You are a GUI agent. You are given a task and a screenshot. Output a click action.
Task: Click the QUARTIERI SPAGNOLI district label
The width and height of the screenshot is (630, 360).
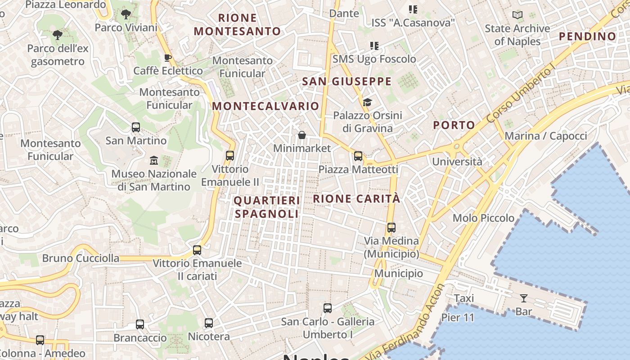[x=267, y=207]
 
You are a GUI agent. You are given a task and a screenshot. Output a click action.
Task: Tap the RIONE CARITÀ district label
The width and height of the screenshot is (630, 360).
[x=356, y=198]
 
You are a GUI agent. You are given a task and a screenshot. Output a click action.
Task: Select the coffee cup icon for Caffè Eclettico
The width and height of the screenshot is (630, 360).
[x=168, y=58]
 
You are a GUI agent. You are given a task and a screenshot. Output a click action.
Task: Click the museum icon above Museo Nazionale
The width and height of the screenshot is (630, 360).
[x=154, y=160]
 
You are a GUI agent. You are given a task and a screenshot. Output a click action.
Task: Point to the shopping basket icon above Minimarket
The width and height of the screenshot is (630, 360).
[x=302, y=135]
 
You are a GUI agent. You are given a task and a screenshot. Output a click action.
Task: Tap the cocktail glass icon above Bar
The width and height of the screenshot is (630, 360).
[x=523, y=298]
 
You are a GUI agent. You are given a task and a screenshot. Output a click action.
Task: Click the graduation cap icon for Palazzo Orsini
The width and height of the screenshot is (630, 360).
[x=368, y=102]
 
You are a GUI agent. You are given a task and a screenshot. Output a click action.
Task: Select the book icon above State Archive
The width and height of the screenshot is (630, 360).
[x=517, y=15]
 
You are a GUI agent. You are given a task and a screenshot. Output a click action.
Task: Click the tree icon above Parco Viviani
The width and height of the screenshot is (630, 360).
[x=126, y=14]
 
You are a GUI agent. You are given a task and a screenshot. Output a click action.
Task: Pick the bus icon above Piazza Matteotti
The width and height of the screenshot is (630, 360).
[x=358, y=156]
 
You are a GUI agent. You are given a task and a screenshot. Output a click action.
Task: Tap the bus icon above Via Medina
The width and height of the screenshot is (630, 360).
[x=391, y=228]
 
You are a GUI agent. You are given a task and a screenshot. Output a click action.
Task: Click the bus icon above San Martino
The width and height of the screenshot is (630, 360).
[x=136, y=127]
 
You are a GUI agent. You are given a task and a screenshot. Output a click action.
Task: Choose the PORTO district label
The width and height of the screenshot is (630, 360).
[x=454, y=125]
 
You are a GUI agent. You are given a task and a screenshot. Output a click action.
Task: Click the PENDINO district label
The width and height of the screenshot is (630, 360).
[x=587, y=36]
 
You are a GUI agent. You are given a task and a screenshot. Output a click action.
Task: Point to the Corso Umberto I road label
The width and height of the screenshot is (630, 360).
[x=522, y=95]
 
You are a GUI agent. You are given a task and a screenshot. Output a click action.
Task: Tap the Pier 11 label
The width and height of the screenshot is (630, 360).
[x=458, y=317]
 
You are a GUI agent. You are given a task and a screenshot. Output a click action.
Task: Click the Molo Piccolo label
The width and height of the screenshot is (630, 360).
[x=483, y=218]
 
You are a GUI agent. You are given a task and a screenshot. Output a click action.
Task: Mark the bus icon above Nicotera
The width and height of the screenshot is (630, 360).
[x=208, y=323]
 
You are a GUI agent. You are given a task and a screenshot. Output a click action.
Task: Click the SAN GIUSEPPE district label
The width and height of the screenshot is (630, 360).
[x=346, y=81]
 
